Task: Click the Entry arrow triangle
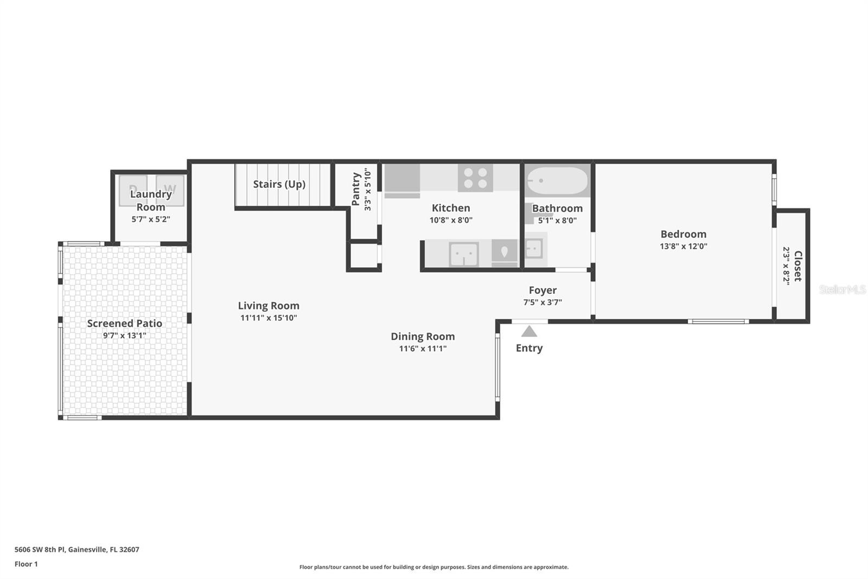click(529, 331)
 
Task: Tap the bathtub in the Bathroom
click(558, 181)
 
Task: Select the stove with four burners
click(475, 178)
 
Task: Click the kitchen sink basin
click(463, 254)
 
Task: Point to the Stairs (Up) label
click(279, 184)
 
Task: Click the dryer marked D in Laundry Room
click(133, 190)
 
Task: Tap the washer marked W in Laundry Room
click(170, 190)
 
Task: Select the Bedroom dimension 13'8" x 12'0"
click(683, 246)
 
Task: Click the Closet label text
click(798, 266)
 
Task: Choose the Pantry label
click(356, 189)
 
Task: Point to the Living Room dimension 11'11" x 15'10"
click(269, 318)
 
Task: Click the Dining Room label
click(423, 336)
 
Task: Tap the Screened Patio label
click(125, 323)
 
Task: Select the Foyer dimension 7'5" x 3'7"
click(542, 302)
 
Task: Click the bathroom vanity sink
click(534, 249)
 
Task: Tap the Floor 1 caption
click(26, 564)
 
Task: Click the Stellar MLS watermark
click(842, 289)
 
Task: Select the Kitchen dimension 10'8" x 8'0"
click(451, 220)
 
